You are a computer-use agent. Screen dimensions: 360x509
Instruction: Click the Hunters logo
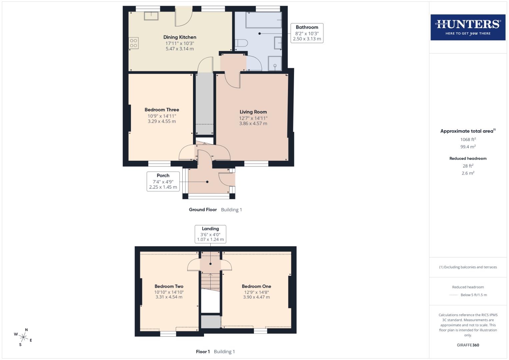(468, 27)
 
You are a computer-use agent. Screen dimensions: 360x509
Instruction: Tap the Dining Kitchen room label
(180, 37)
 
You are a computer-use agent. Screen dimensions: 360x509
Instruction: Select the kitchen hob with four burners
(134, 43)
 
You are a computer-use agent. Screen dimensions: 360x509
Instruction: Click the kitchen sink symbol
(151, 16)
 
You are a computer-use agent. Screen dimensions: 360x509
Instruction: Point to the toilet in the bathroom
(241, 43)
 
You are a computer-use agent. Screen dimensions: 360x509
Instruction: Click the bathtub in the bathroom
(263, 20)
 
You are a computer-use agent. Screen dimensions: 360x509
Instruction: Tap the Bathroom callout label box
(307, 33)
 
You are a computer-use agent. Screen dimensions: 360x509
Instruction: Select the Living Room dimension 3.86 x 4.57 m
(253, 123)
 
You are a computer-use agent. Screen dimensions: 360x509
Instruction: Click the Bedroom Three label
(162, 110)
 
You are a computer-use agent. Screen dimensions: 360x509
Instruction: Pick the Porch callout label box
(163, 181)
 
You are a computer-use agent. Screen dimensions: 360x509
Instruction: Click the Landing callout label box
(210, 234)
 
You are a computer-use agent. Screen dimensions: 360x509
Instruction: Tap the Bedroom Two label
(169, 286)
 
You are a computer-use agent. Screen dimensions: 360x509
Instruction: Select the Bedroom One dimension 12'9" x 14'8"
(256, 292)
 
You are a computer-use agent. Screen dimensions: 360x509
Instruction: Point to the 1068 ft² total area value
(468, 139)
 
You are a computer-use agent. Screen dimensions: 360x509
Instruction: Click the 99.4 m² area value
(468, 147)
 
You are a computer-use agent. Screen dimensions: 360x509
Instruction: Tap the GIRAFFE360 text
(468, 345)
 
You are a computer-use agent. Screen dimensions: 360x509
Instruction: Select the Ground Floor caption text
(203, 210)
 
